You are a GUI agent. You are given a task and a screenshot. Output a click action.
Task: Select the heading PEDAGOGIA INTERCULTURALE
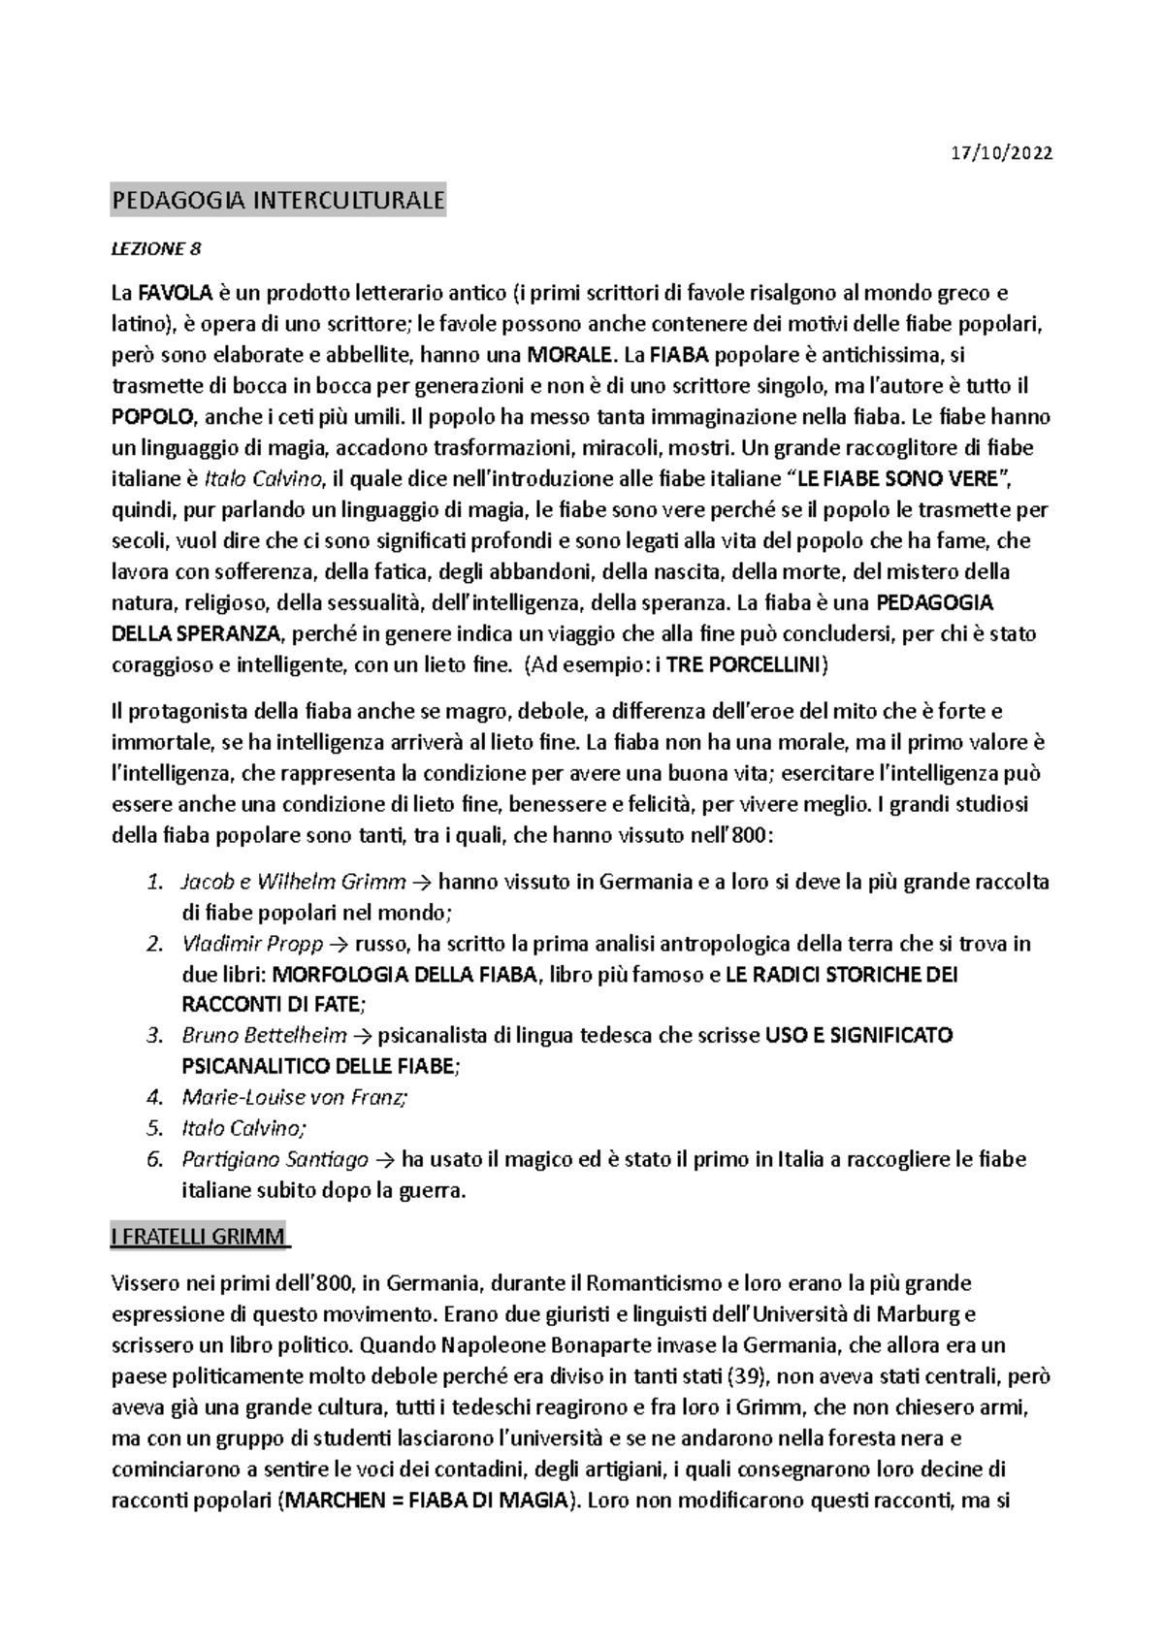click(278, 202)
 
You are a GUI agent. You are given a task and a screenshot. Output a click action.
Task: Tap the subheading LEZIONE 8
click(156, 249)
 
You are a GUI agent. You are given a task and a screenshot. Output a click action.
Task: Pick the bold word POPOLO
click(154, 417)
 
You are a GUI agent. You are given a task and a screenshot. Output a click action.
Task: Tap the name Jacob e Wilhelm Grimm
click(294, 882)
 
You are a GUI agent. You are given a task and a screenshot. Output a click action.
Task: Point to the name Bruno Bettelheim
click(264, 1036)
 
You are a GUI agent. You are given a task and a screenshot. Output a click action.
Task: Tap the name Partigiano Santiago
click(275, 1159)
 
